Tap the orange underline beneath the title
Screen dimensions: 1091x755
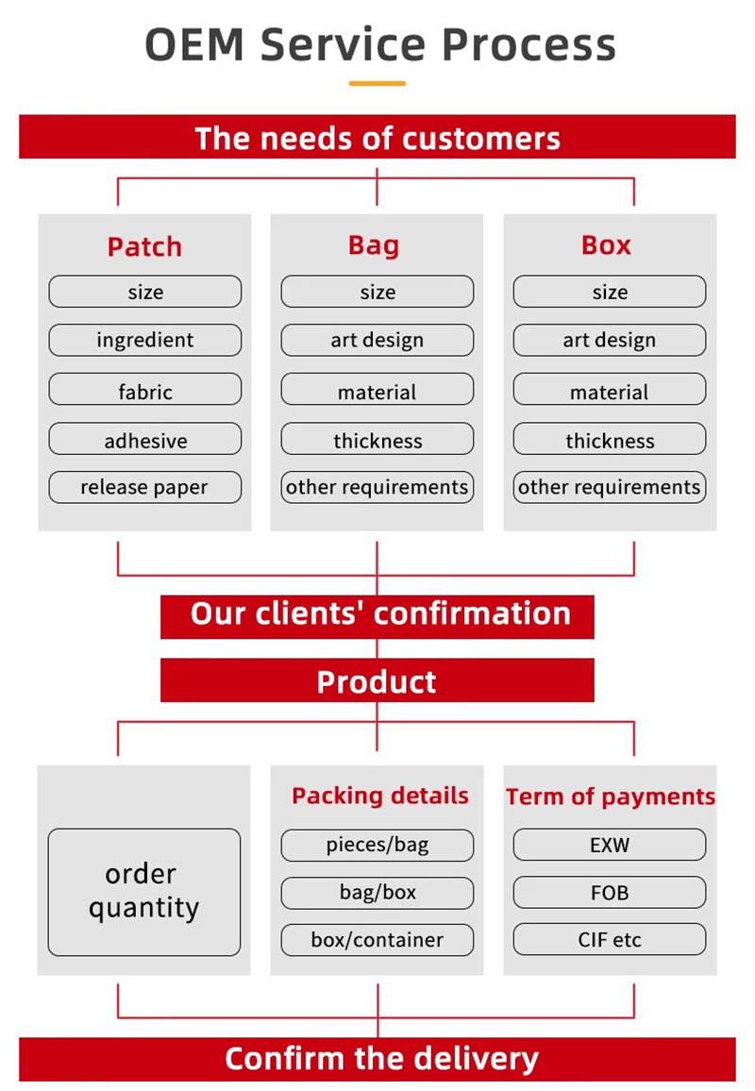(377, 84)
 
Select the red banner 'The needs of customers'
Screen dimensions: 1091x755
(377, 138)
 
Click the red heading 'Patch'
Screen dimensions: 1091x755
(144, 247)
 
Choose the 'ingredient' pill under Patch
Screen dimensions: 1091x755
(144, 340)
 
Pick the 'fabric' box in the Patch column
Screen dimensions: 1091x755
(144, 391)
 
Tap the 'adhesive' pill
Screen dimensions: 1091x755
(144, 440)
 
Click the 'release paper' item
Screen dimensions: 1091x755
(144, 488)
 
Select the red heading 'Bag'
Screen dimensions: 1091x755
(374, 245)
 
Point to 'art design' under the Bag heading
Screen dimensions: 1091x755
(377, 340)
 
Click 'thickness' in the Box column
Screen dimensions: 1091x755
(610, 440)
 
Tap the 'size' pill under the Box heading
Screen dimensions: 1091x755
(610, 292)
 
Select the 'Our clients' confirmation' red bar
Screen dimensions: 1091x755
(377, 615)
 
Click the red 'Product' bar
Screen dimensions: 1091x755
(377, 680)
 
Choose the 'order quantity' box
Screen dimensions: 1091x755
(144, 892)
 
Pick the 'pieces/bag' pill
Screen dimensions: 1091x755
(377, 845)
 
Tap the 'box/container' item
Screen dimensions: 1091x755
(377, 940)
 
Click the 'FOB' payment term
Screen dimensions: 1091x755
(610, 892)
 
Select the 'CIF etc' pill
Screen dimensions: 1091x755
(610, 940)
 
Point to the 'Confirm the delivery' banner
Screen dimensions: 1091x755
(377, 1059)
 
